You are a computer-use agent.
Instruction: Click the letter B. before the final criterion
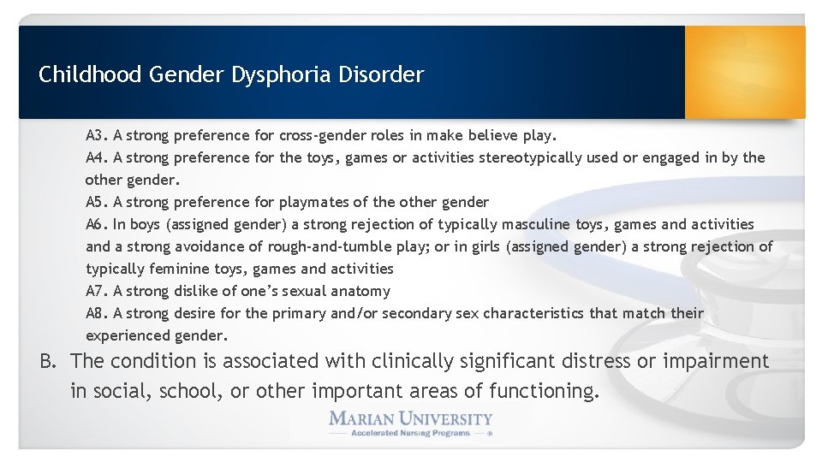(51, 361)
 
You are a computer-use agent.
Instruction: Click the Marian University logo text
(411, 419)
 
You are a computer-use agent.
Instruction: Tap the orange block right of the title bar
(745, 71)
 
